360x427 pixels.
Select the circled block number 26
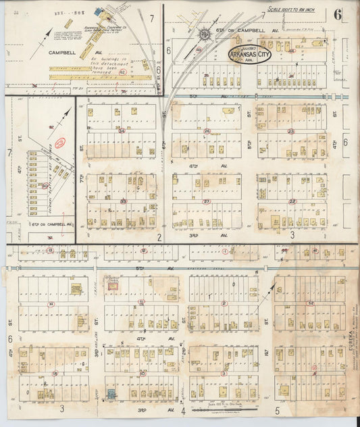click(x=207, y=131)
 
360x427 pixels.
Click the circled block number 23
click(x=291, y=131)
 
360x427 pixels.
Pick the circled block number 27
click(x=207, y=201)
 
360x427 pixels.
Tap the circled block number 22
click(x=292, y=201)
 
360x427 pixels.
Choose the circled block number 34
click(x=122, y=131)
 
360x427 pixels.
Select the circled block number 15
click(x=55, y=373)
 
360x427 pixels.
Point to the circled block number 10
click(x=142, y=373)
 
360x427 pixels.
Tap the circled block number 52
click(x=311, y=303)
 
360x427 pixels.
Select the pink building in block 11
click(x=115, y=287)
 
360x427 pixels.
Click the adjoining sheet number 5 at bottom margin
click(x=277, y=409)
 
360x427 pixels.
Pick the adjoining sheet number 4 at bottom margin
click(x=182, y=409)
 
